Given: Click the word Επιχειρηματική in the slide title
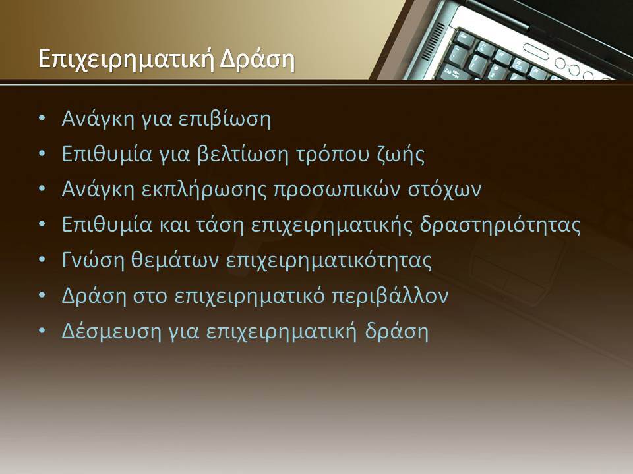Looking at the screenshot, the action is tap(126, 60).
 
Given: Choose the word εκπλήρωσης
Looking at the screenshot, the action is tap(204, 190).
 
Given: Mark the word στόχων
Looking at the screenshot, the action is tap(444, 190).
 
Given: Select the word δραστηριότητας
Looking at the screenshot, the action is tap(500, 225).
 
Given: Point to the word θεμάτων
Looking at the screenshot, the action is tap(175, 261).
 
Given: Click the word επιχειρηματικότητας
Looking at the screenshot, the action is tap(328, 261).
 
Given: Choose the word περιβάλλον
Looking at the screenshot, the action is tap(390, 296).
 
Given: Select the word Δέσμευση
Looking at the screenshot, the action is tap(111, 331).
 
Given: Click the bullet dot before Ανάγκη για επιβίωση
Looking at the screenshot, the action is tap(42, 118).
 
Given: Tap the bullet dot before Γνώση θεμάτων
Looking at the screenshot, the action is tap(42, 260).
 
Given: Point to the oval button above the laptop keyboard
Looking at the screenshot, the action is tap(536, 51).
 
